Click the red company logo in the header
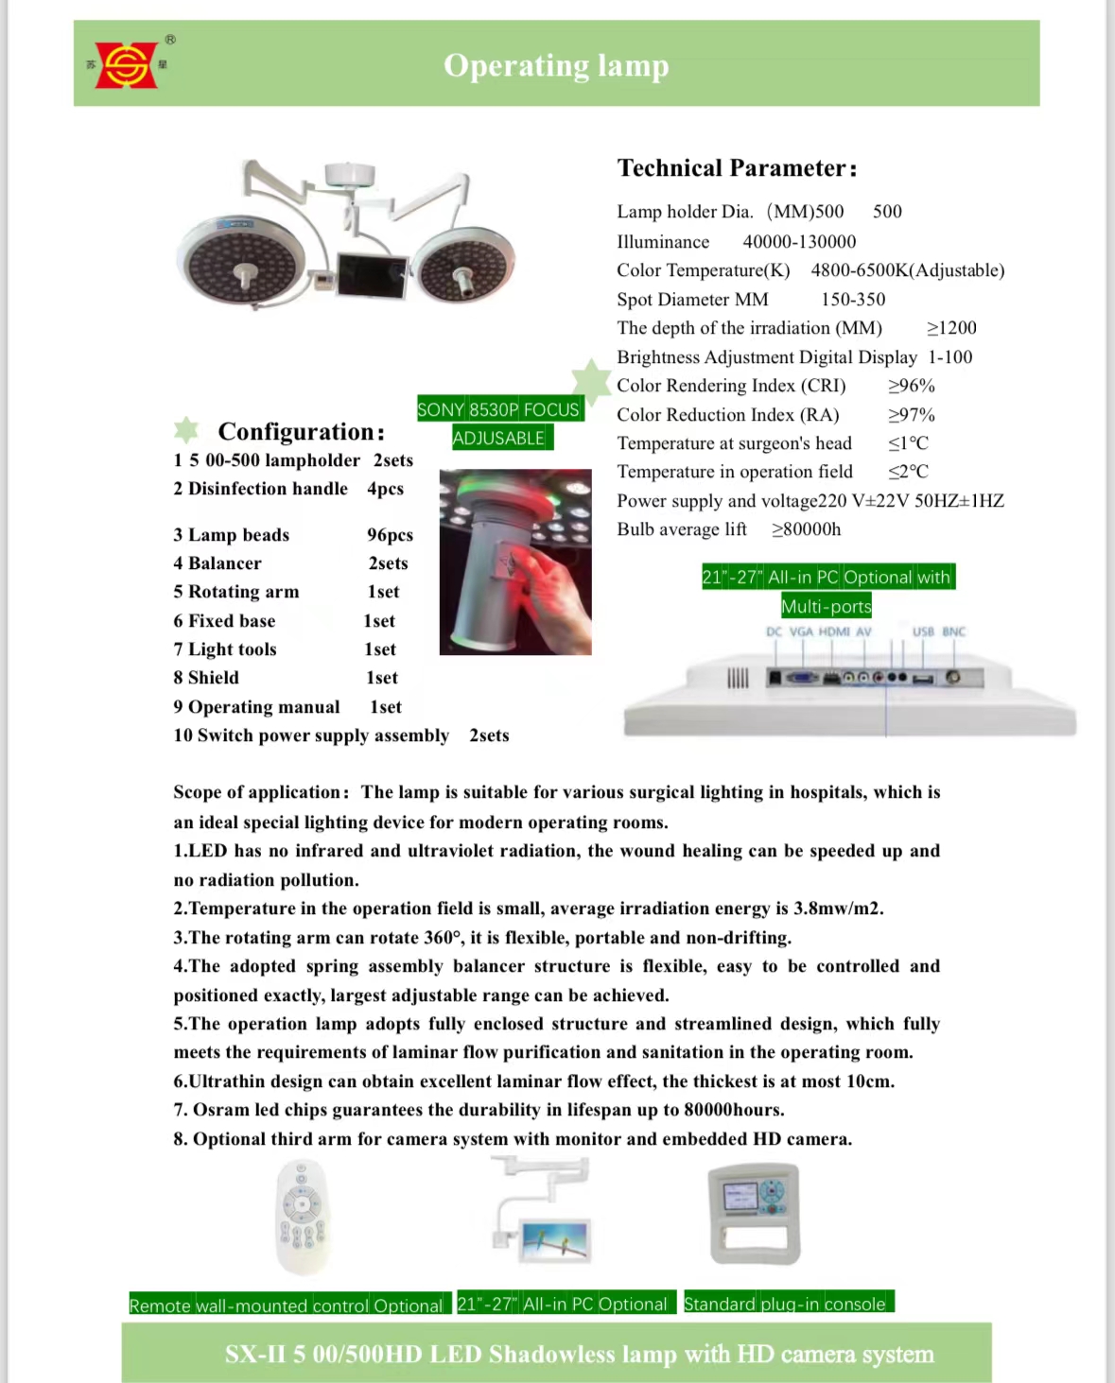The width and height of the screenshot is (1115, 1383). pos(127,65)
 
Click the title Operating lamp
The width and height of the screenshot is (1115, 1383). pos(556,65)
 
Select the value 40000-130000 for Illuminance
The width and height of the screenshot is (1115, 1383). pos(799,242)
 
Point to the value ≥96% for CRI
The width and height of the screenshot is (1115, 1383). pos(911,386)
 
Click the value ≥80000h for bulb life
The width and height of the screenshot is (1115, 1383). pos(806,529)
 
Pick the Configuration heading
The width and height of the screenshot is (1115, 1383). pos(301,432)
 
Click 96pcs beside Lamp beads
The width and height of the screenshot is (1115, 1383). pos(390,535)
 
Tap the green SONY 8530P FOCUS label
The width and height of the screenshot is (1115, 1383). pos(498,409)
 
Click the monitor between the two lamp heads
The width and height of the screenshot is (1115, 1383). pos(373,275)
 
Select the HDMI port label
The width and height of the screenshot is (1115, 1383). pos(834,631)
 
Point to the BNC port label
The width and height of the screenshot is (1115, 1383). pos(953,631)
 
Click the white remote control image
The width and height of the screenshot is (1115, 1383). pos(302,1217)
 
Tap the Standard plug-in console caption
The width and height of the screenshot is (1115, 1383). pos(785,1304)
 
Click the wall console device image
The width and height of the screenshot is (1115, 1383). pos(754,1214)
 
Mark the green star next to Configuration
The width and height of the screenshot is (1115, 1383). pos(186,430)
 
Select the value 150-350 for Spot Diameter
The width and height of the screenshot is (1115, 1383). pos(853,300)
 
